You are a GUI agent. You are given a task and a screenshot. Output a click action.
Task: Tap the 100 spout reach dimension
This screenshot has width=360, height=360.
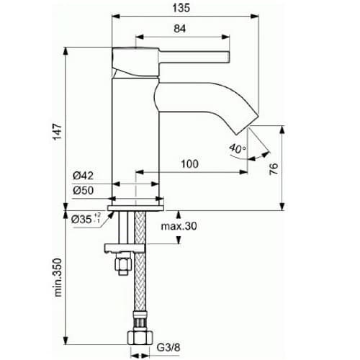click(189, 164)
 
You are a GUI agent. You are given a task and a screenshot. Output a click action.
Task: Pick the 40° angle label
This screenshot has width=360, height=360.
click(236, 148)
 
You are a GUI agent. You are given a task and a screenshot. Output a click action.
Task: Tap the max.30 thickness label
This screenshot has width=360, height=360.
click(179, 227)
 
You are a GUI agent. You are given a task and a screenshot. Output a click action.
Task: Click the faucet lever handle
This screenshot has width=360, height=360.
click(180, 56)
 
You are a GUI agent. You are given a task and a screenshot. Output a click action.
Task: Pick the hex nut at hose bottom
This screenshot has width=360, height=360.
click(142, 336)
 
